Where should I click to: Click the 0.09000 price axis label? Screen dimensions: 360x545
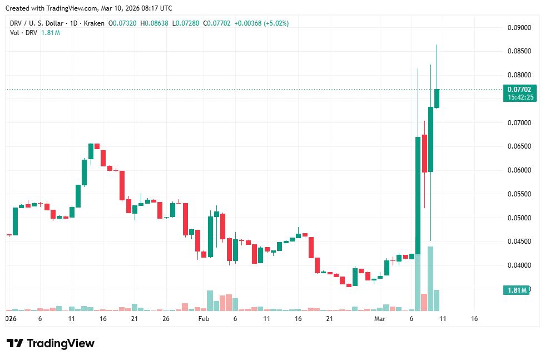[519, 28]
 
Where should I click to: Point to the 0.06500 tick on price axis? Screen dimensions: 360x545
[519, 146]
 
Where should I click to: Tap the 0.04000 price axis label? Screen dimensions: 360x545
[519, 265]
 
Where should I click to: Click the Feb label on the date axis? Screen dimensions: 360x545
[204, 319]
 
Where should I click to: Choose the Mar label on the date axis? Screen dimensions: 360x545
[380, 319]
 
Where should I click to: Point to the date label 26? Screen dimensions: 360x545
[166, 319]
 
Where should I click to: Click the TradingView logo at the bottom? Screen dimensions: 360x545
[50, 343]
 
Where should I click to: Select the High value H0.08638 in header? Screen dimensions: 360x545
[155, 23]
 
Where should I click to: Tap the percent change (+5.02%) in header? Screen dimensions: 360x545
[276, 23]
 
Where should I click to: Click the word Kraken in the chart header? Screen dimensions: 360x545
[93, 23]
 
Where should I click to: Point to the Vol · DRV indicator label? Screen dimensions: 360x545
[23, 33]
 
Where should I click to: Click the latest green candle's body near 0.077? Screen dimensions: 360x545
[437, 98]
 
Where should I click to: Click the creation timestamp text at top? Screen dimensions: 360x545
[88, 8]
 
